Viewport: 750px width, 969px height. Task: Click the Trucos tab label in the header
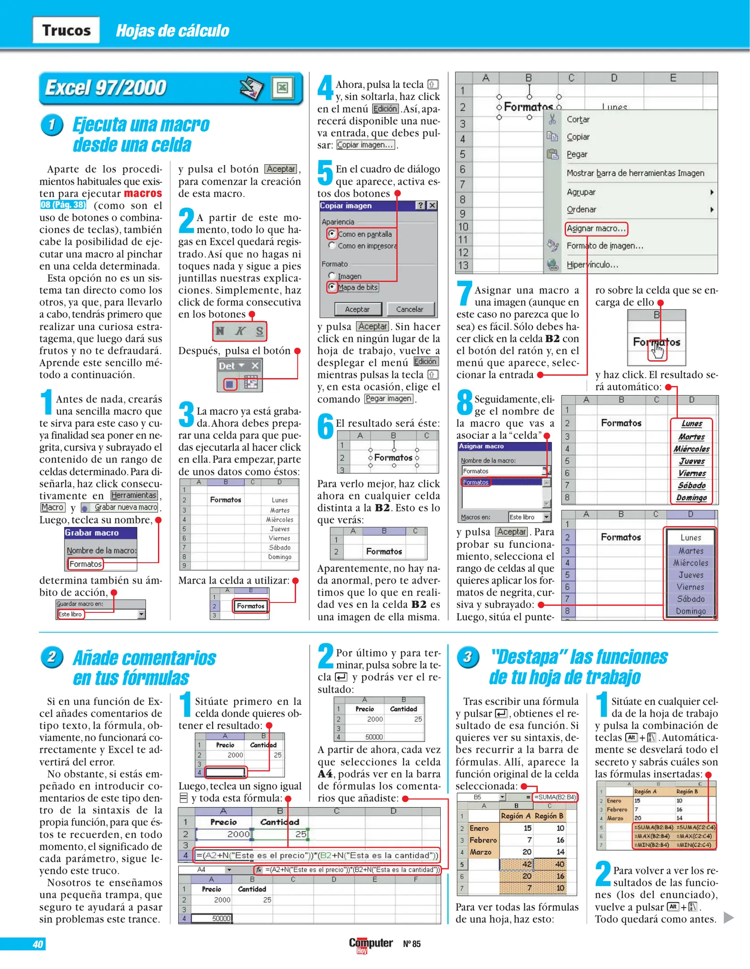point(66,30)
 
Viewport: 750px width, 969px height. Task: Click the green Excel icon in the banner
point(282,87)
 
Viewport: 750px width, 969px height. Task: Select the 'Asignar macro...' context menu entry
point(596,228)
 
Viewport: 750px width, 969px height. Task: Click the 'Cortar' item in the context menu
point(578,119)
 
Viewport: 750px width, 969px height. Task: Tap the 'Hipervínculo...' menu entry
point(592,265)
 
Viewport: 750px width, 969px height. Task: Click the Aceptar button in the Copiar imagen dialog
point(357,309)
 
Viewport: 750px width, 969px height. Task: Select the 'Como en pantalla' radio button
point(332,233)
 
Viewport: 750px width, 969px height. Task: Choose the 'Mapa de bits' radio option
point(332,287)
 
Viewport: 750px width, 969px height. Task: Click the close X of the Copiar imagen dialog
point(432,205)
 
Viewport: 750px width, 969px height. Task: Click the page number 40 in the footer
point(38,944)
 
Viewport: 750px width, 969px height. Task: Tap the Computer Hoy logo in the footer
point(371,944)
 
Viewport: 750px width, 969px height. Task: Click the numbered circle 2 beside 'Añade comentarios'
point(52,657)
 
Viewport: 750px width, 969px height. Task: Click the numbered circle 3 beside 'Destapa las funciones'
point(468,657)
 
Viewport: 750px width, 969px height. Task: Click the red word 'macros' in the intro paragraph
point(143,193)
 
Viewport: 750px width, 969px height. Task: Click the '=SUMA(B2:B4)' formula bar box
point(554,797)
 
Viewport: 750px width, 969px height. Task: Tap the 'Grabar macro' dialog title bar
point(101,533)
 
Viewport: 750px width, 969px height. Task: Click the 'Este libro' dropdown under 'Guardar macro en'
point(101,614)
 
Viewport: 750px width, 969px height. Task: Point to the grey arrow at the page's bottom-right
point(728,917)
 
